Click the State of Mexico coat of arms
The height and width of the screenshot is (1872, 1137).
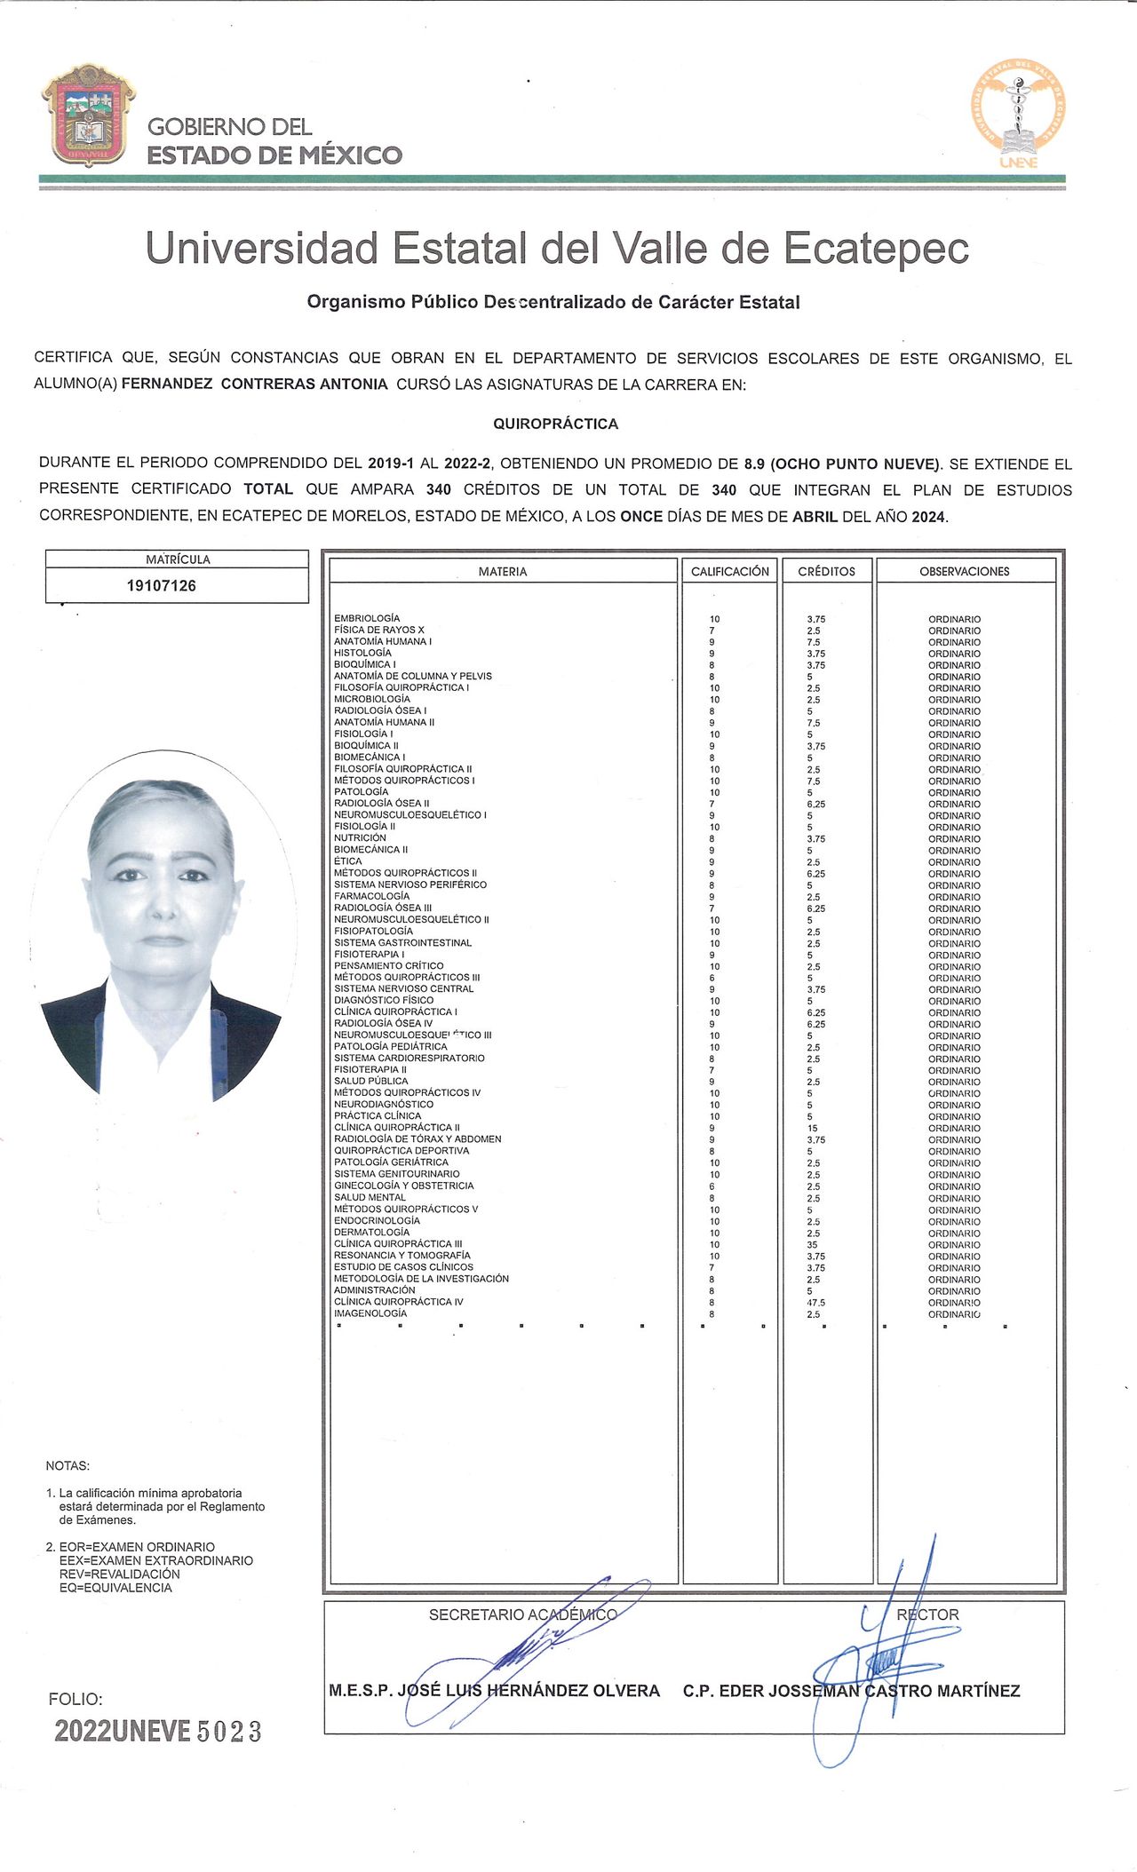88,115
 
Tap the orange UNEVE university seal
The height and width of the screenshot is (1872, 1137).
1018,111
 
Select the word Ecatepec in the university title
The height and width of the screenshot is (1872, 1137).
876,248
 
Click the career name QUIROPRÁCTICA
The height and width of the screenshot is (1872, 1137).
555,424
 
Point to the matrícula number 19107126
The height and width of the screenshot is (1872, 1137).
162,586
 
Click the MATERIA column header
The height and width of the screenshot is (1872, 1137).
503,571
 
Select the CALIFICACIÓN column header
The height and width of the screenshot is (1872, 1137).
730,571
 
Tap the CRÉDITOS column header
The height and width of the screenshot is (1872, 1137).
826,571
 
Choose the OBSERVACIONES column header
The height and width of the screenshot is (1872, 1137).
965,571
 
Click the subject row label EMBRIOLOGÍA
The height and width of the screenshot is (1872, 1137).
367,618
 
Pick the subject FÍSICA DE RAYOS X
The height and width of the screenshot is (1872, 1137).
379,630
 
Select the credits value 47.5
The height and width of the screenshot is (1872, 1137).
815,1303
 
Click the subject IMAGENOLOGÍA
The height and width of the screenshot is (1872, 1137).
370,1313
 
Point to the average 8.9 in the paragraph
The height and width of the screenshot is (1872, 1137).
754,464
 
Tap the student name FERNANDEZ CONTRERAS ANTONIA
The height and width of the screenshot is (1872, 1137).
255,385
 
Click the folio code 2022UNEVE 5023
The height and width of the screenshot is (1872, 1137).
158,1731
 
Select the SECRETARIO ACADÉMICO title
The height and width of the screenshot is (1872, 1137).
522,1614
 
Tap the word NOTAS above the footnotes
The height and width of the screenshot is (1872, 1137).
68,1466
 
